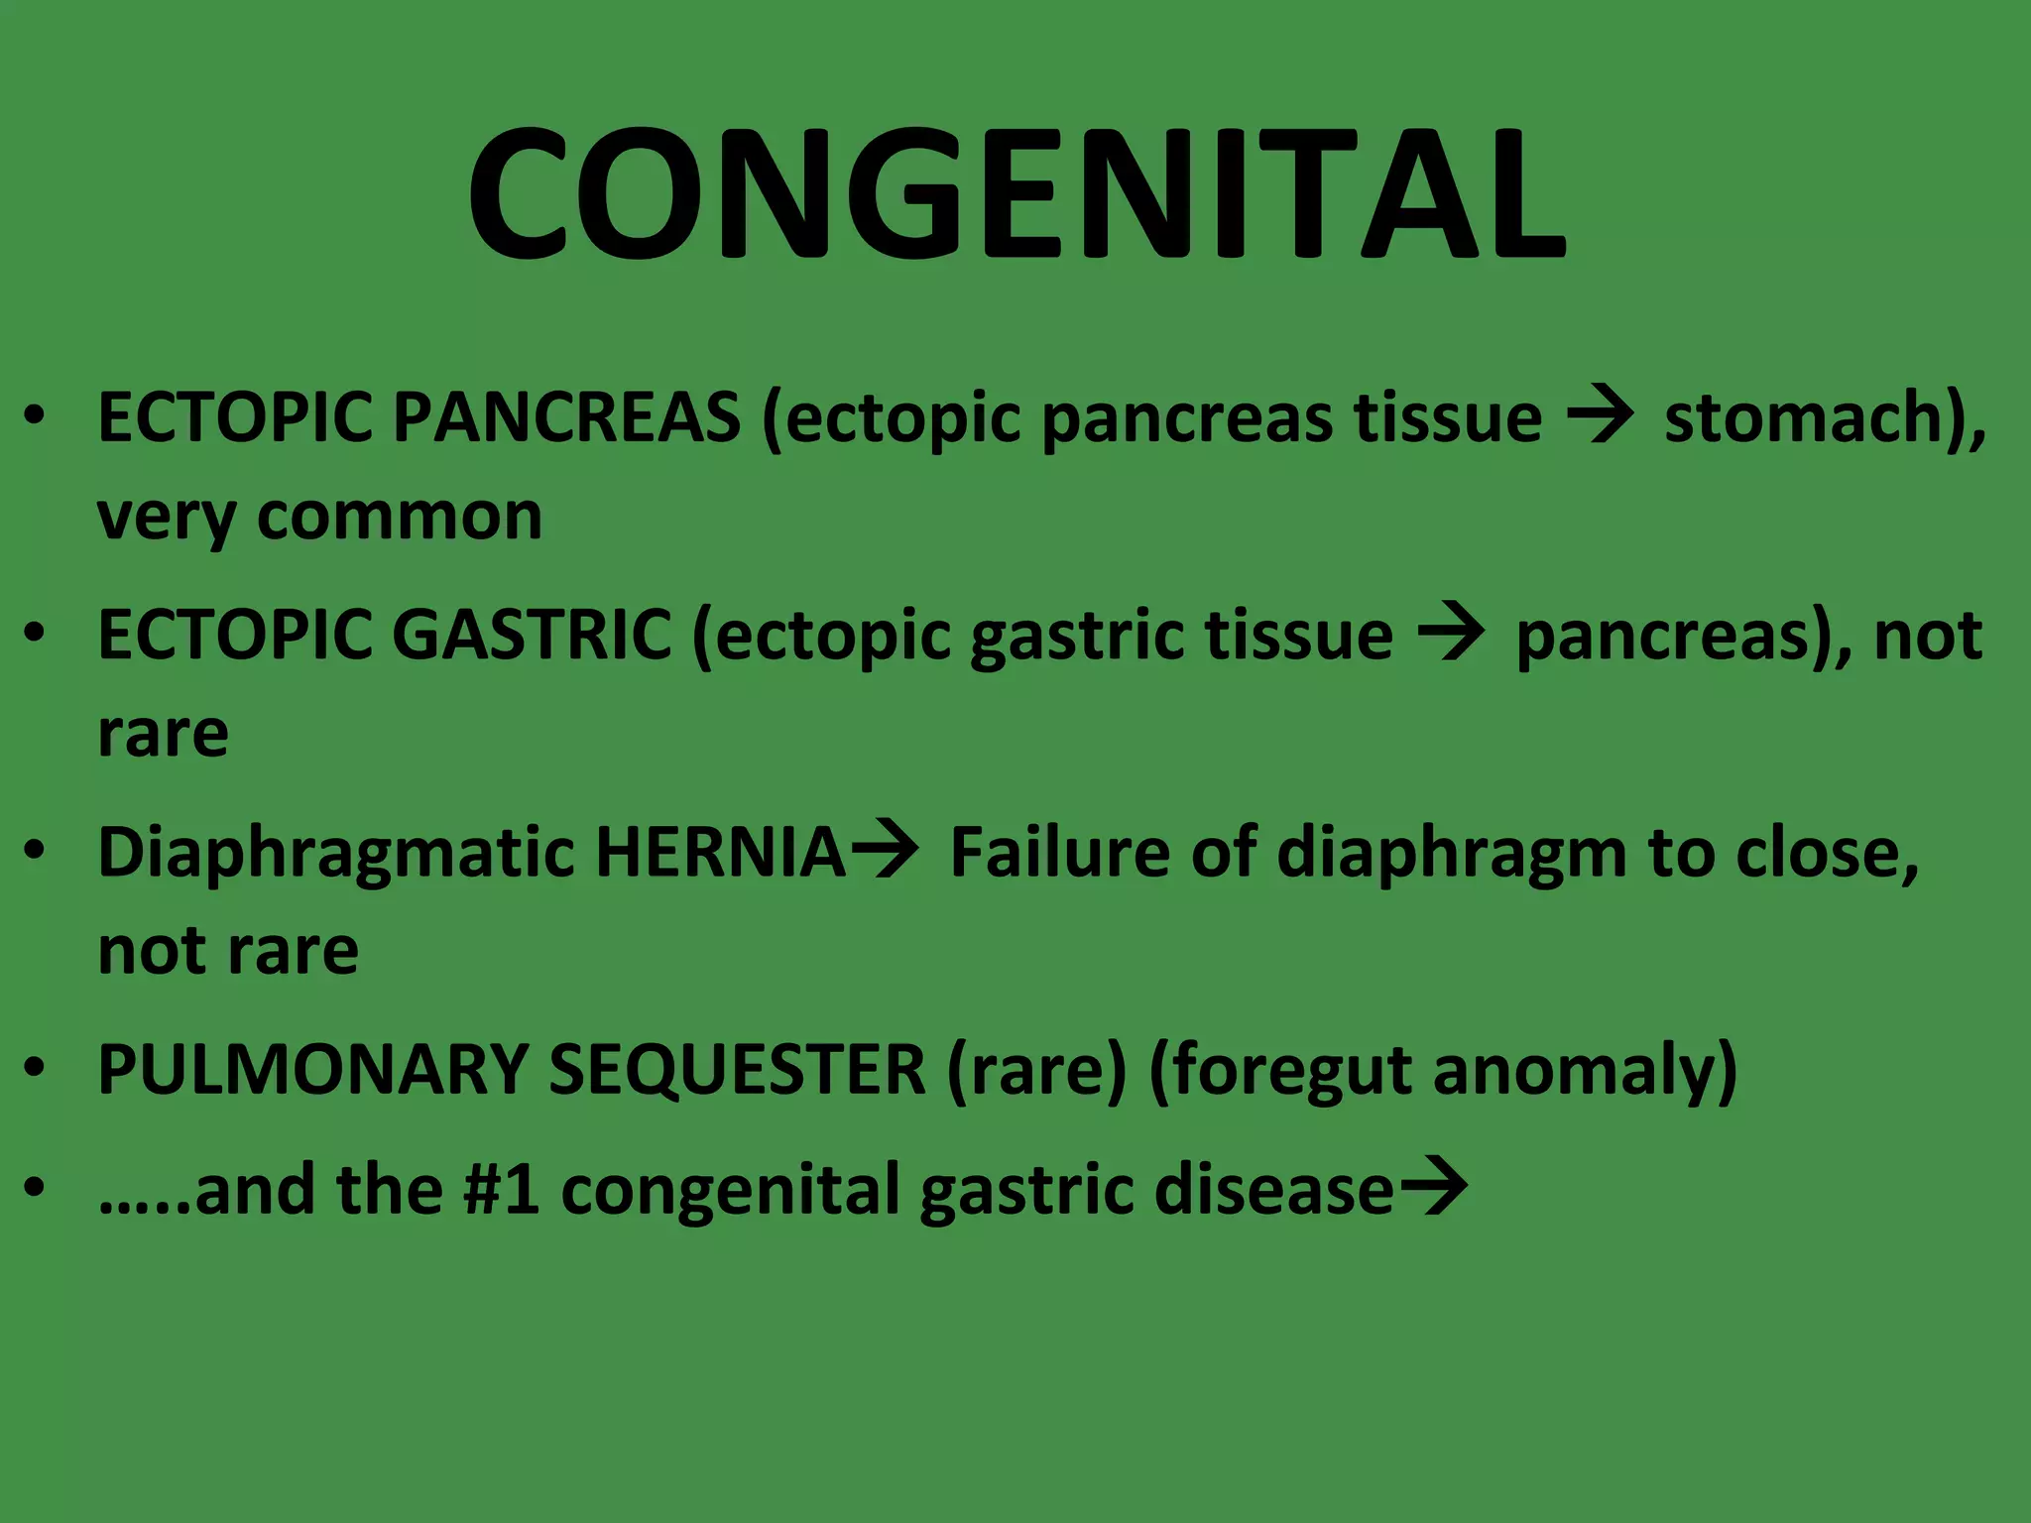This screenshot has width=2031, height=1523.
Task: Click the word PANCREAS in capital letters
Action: coord(566,416)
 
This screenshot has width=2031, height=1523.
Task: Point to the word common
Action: coord(399,518)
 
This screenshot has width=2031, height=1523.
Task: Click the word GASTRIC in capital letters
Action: coord(534,635)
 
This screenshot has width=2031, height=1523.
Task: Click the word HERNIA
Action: coord(720,853)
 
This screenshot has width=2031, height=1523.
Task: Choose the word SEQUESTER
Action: coord(737,1070)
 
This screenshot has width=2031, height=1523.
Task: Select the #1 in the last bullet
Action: coord(502,1189)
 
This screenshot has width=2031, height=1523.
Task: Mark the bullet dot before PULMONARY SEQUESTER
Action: coord(36,1068)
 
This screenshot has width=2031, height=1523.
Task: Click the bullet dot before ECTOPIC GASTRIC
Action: coord(36,633)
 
